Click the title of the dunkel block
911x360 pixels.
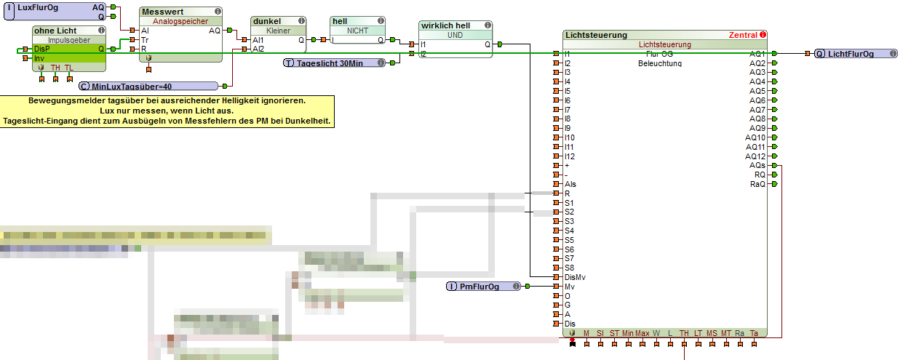click(x=266, y=22)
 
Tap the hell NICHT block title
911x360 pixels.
click(x=341, y=22)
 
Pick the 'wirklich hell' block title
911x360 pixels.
click(x=446, y=25)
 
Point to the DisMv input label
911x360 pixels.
click(x=575, y=277)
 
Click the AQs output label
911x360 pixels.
click(x=757, y=166)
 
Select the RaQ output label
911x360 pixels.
click(x=757, y=185)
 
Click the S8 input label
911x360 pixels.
click(x=569, y=268)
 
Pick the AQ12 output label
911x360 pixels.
click(x=755, y=156)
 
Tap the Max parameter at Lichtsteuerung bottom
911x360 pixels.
click(x=642, y=333)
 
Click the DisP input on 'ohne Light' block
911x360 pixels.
click(x=42, y=49)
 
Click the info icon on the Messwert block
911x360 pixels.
click(x=218, y=12)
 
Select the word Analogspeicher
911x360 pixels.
click(x=179, y=22)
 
